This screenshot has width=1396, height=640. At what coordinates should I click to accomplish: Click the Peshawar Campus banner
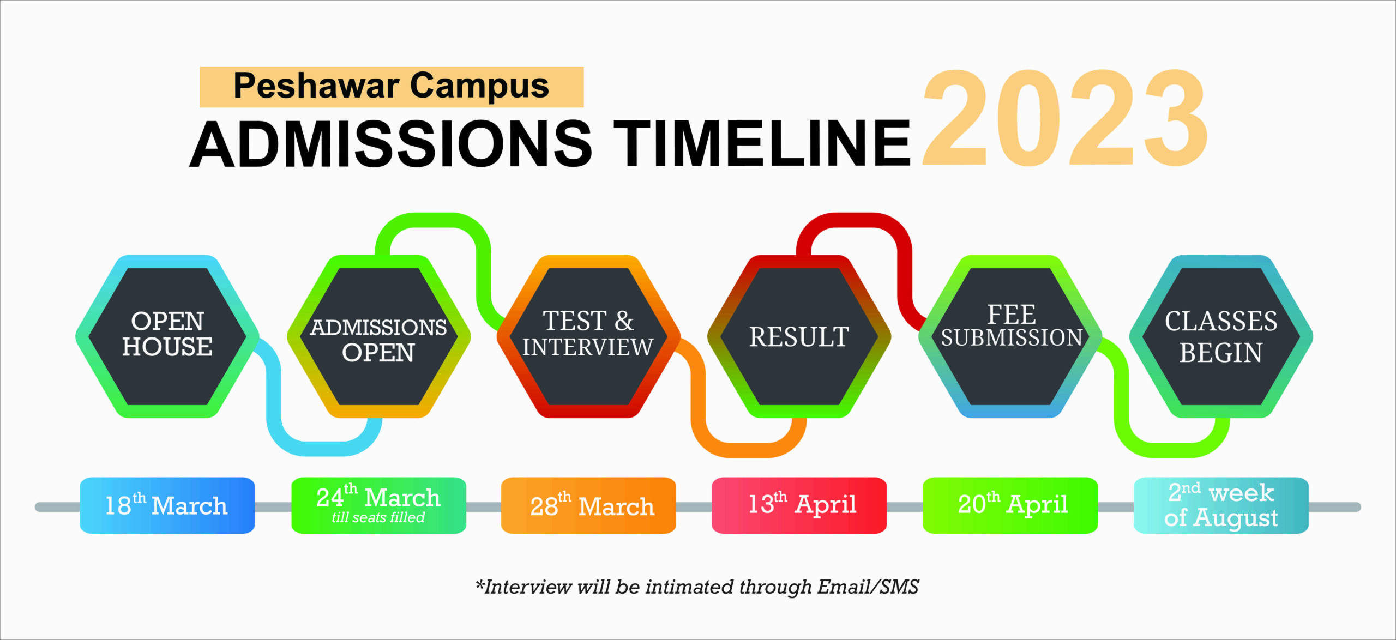(x=392, y=87)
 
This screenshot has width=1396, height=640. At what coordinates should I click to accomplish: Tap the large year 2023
(x=1066, y=118)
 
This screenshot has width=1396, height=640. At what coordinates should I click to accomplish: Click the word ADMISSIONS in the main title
(x=391, y=143)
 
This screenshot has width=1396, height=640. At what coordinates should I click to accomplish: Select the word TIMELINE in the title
(x=762, y=143)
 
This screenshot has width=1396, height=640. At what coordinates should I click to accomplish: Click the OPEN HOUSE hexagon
(x=167, y=336)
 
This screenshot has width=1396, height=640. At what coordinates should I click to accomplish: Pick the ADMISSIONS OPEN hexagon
(x=378, y=336)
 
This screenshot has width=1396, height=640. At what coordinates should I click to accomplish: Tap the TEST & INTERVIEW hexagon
(x=588, y=336)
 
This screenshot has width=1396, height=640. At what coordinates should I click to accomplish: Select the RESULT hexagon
(x=799, y=336)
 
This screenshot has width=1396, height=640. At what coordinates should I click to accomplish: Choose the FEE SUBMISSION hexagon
(x=1010, y=336)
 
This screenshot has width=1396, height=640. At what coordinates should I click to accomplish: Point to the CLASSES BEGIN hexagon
(x=1221, y=336)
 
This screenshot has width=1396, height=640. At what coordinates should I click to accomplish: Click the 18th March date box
(x=167, y=505)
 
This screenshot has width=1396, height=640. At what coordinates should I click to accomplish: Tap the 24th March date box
(x=379, y=505)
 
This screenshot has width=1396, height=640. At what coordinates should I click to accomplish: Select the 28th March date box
(x=588, y=505)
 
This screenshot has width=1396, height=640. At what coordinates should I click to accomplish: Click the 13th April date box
(x=799, y=505)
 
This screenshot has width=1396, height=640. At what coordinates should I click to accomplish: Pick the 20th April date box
(x=1010, y=505)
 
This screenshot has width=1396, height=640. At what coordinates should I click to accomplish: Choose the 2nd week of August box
(x=1221, y=505)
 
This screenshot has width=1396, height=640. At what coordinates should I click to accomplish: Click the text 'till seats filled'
(x=378, y=517)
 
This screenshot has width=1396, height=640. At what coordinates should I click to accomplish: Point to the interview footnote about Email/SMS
(x=697, y=587)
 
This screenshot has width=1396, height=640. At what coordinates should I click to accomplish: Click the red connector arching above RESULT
(x=854, y=220)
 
